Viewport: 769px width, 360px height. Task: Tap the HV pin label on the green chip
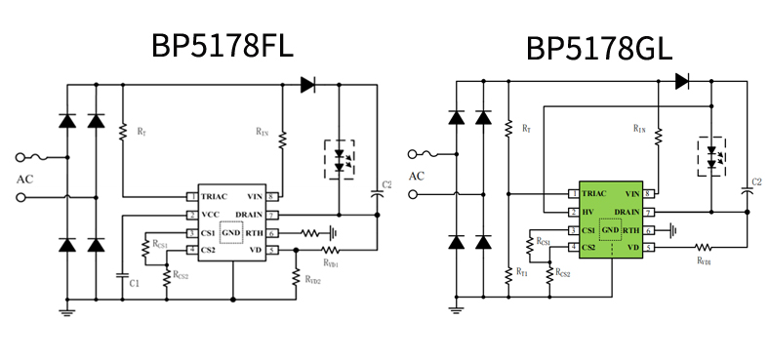588,212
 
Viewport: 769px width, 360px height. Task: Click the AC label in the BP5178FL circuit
24,180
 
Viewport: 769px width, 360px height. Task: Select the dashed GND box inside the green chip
610,231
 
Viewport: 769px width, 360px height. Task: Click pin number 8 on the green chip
649,194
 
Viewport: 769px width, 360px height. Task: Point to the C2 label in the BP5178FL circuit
386,184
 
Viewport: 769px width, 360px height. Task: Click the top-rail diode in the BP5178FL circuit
308,85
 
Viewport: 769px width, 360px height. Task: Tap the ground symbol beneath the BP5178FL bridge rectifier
67,311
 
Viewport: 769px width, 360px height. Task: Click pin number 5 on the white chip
272,250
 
